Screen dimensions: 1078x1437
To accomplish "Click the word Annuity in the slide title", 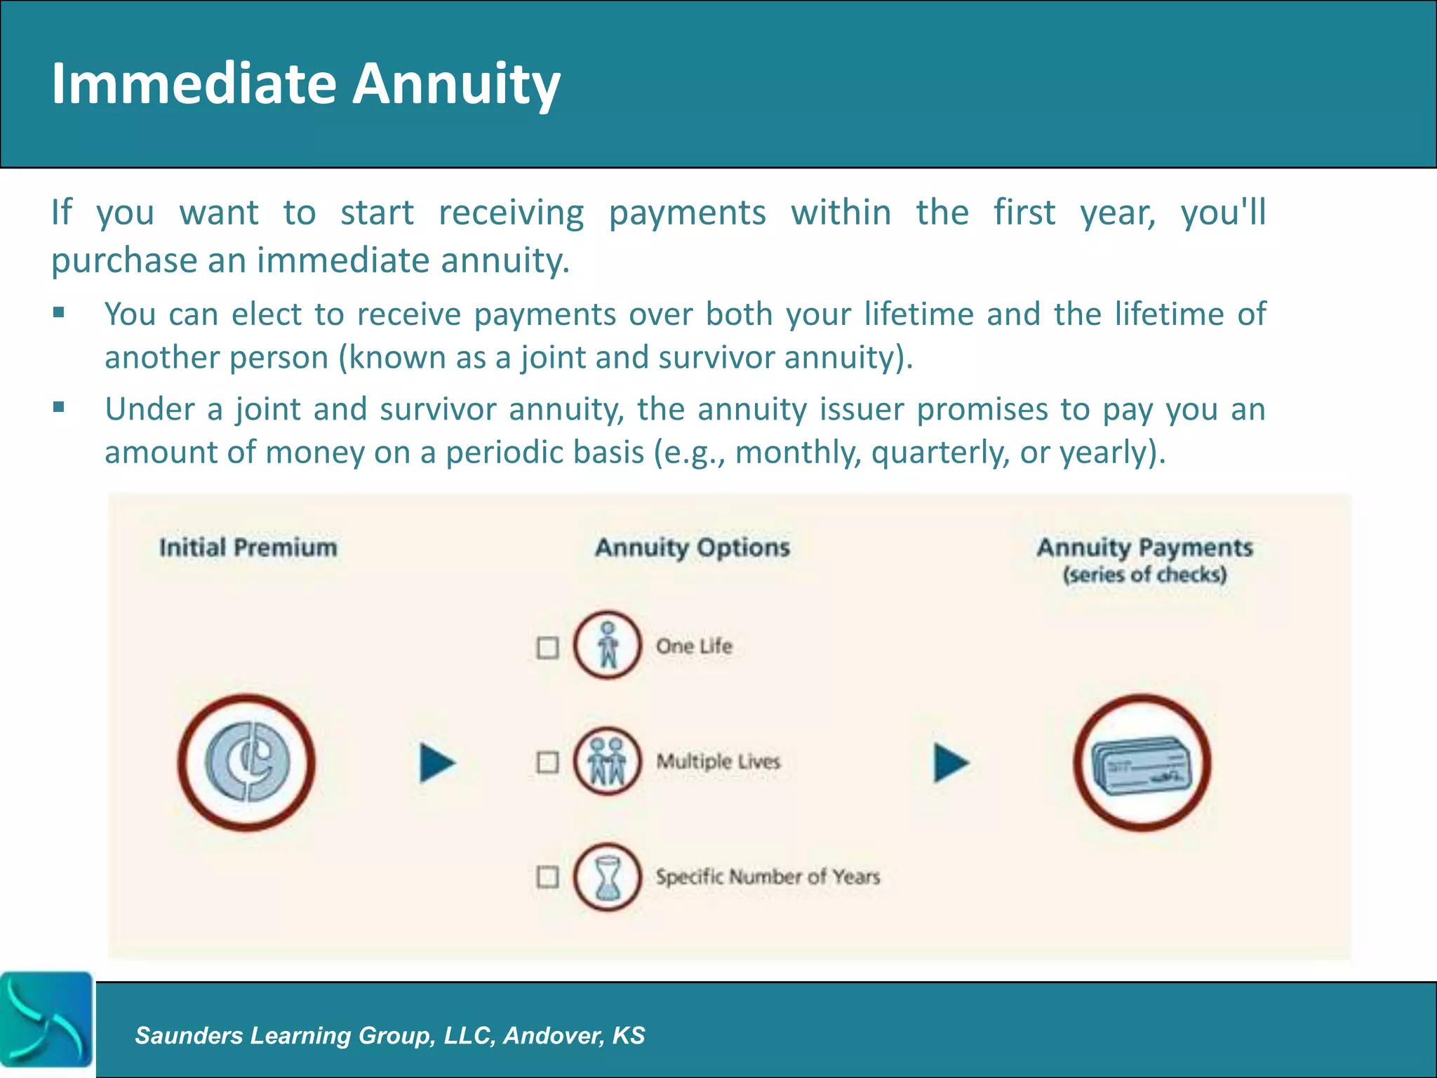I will click(x=456, y=84).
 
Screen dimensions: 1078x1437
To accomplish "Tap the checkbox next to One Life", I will click(x=547, y=647).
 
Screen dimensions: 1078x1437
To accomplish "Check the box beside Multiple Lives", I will click(x=547, y=762).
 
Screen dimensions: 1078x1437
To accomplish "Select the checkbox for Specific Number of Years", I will click(x=547, y=877).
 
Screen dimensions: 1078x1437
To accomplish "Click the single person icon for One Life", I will click(x=608, y=645).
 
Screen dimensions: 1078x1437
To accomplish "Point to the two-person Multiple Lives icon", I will click(x=608, y=761).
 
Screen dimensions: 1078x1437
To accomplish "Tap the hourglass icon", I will click(x=608, y=877).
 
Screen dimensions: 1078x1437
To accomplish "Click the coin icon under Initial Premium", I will click(x=247, y=763).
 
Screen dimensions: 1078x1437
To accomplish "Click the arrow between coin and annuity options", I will click(x=436, y=763).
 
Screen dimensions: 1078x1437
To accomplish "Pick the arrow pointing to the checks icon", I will click(x=950, y=763).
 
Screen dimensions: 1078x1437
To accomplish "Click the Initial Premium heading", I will click(x=248, y=547).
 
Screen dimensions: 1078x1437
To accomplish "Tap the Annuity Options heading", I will click(x=693, y=547).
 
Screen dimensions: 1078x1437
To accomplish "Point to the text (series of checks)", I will click(x=1144, y=575).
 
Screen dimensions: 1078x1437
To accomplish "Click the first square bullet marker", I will click(x=59, y=312).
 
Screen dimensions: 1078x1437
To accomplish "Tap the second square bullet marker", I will click(x=59, y=407).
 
